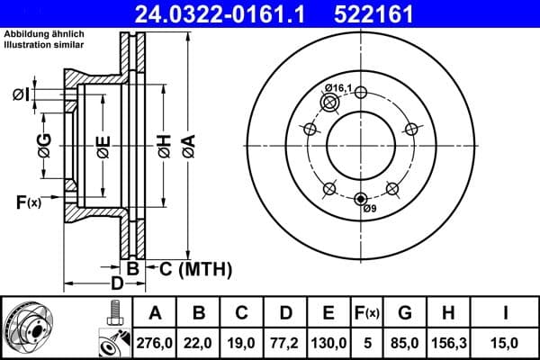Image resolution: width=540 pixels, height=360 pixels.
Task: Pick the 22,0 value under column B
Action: click(x=199, y=341)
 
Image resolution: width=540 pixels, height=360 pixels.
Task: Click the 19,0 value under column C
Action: click(x=242, y=341)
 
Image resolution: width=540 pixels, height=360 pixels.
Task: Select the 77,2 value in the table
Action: click(x=285, y=341)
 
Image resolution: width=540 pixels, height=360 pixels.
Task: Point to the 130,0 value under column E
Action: click(x=328, y=341)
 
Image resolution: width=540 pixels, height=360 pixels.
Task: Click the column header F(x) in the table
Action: click(x=367, y=312)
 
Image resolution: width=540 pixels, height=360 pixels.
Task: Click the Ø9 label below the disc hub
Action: click(x=368, y=210)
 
